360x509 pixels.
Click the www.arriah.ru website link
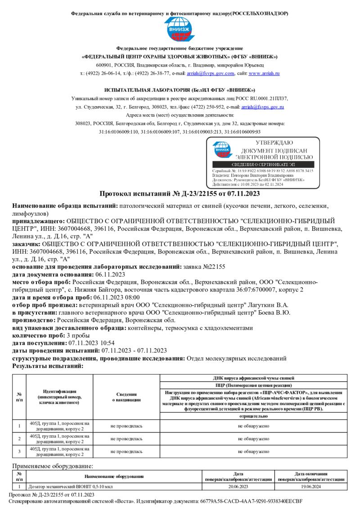264,73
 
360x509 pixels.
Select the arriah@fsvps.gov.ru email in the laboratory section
262,107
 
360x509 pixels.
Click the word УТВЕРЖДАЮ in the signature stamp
274,143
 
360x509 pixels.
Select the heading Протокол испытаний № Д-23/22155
180,194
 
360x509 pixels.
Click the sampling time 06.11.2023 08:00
116,297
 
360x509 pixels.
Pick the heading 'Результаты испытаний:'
48,366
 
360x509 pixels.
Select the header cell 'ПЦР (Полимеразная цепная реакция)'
254,385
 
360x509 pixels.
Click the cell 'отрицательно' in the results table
254,416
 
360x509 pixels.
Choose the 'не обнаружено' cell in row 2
254,438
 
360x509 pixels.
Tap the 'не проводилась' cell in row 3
126,451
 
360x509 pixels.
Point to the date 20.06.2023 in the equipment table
238,487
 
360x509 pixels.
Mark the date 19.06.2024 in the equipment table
311,487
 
